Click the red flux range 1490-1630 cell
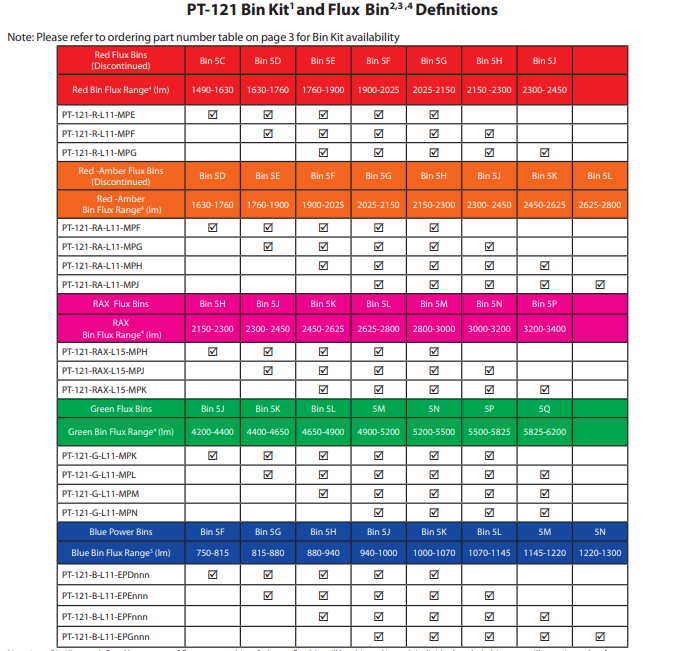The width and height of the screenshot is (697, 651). tap(212, 90)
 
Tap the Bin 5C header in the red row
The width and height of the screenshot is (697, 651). tap(212, 61)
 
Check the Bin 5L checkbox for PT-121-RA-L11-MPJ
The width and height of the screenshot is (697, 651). tap(600, 284)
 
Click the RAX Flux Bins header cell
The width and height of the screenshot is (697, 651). tap(121, 304)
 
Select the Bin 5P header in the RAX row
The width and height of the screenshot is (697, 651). tap(544, 304)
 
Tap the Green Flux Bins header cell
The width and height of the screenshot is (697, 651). tap(121, 409)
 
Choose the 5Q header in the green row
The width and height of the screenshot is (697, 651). tap(544, 409)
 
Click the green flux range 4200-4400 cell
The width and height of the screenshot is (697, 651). tap(212, 432)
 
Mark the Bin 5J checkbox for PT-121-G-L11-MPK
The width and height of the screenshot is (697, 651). tap(212, 456)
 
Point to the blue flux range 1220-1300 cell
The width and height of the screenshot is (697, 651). tap(600, 553)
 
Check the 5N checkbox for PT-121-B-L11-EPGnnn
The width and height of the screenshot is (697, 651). tap(600, 636)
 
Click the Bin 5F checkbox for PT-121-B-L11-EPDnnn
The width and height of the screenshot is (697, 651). tap(212, 575)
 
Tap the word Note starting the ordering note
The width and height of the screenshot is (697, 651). tap(20, 37)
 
